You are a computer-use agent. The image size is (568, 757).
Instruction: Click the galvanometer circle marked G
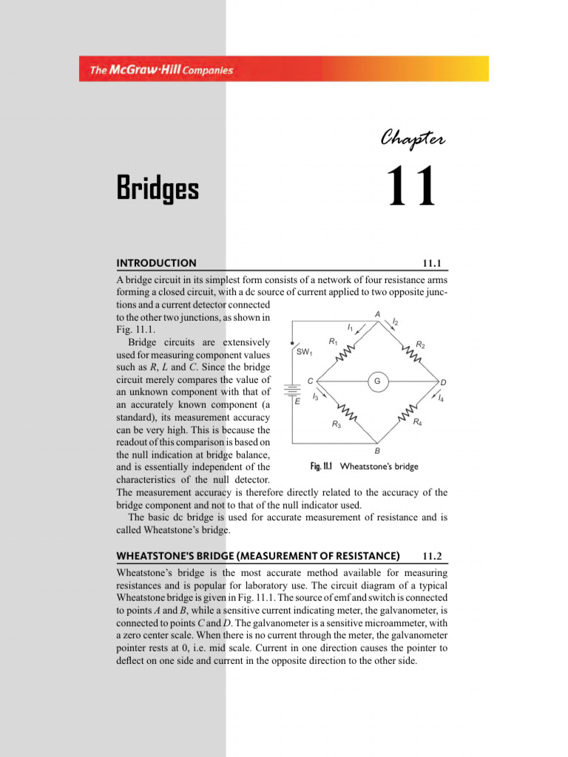click(377, 381)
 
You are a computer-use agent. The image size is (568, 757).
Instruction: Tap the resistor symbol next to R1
click(346, 356)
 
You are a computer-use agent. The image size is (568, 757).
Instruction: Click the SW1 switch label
click(305, 353)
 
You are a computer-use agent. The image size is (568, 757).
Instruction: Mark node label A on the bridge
click(377, 314)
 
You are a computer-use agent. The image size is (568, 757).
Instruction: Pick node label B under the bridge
click(377, 450)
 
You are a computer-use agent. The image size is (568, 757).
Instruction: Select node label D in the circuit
click(443, 382)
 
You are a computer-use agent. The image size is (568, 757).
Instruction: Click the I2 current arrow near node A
click(393, 323)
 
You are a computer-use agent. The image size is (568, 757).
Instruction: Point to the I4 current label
click(441, 398)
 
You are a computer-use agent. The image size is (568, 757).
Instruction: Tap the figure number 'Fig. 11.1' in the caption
click(321, 466)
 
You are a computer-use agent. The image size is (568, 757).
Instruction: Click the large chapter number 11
click(412, 188)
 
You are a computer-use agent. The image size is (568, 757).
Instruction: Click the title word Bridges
click(158, 189)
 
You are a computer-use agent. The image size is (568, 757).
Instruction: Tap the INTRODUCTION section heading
click(157, 262)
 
